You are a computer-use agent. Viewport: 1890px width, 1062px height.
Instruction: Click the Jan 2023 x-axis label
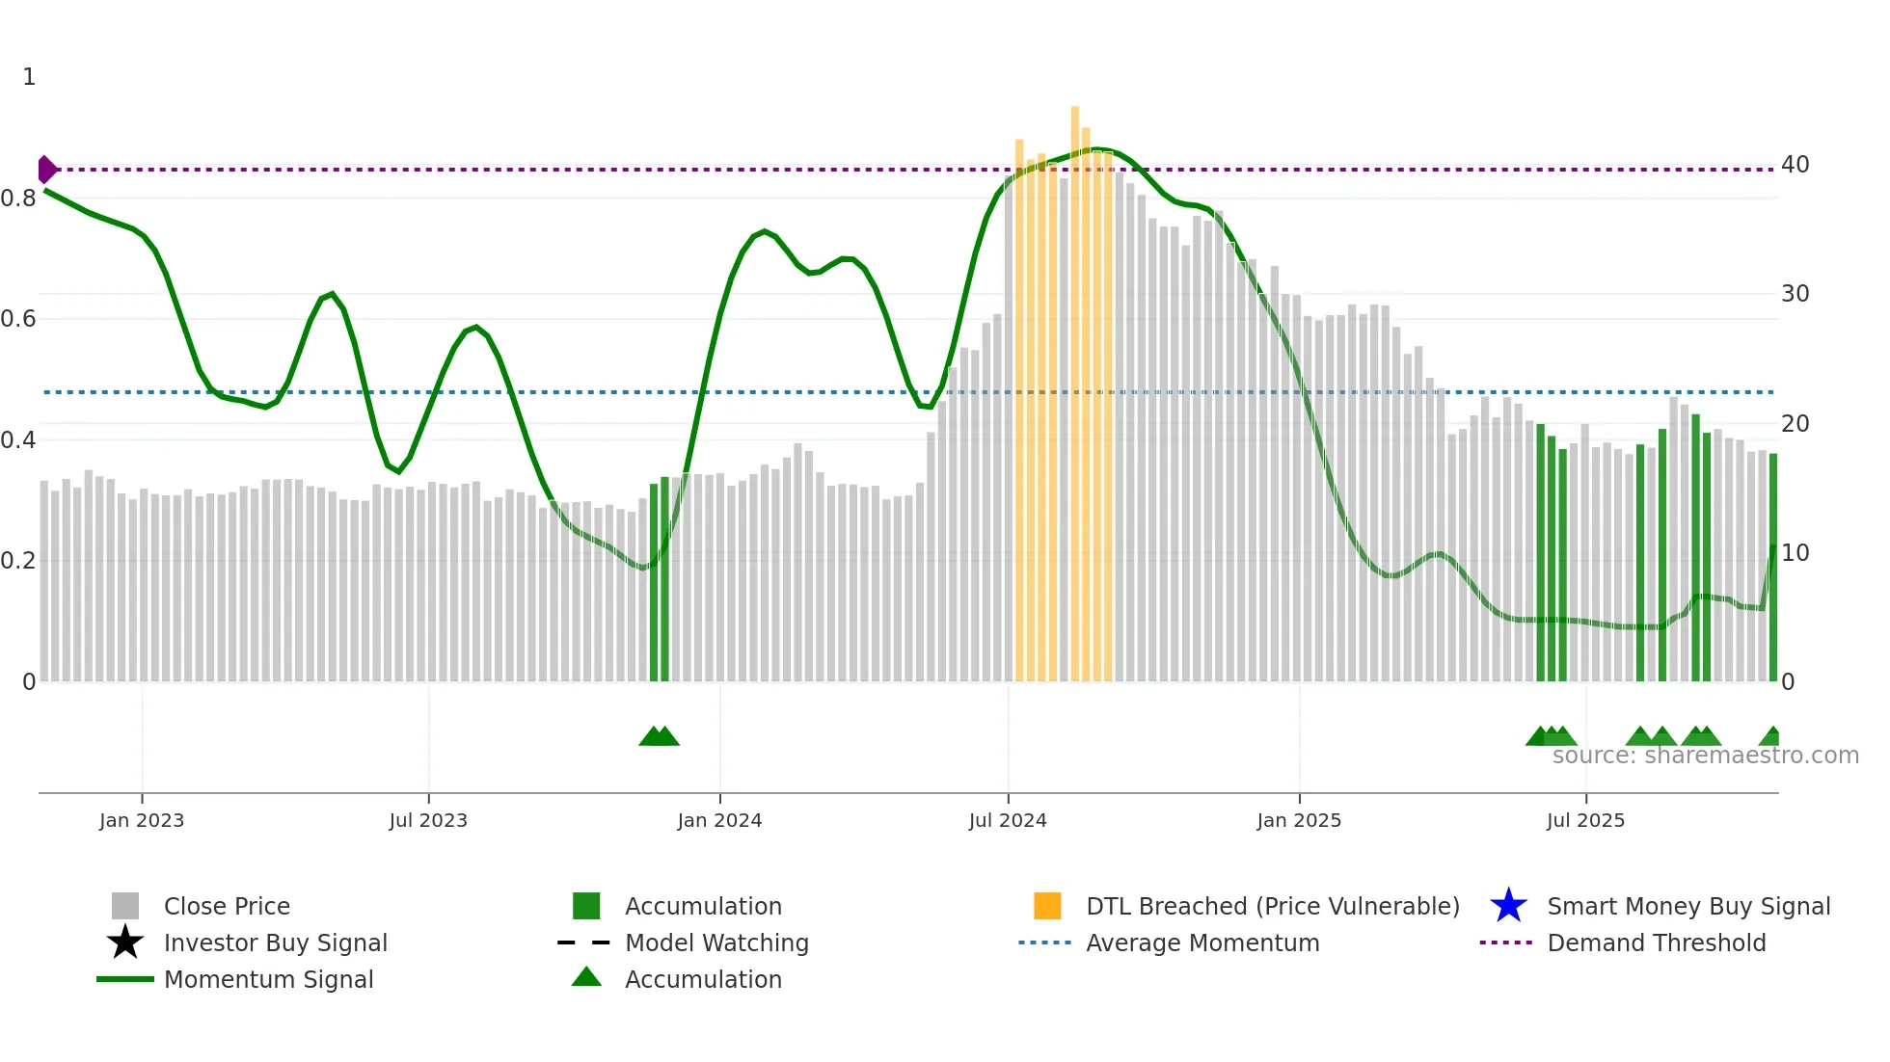tap(142, 820)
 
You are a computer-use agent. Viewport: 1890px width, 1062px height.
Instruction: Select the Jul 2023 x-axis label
tap(428, 820)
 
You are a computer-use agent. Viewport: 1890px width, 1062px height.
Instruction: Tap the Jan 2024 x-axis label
tap(719, 820)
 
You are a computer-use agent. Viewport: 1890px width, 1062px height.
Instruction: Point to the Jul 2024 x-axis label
tap(1008, 820)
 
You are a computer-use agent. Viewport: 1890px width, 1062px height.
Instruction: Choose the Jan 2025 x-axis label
tap(1299, 820)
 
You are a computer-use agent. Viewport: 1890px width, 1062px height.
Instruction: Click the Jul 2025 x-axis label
tap(1585, 820)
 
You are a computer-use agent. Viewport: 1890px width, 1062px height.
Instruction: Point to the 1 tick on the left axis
tap(29, 77)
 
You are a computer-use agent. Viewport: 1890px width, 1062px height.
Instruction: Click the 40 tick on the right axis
tap(1795, 165)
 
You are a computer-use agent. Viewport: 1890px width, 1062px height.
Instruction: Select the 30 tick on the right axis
tap(1795, 294)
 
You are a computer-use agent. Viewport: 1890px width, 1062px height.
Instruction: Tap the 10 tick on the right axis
tap(1795, 553)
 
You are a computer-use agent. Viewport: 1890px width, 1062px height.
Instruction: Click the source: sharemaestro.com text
tap(1705, 756)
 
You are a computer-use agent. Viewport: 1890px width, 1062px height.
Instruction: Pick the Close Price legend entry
tap(227, 906)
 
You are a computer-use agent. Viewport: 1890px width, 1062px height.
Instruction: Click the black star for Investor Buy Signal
tap(125, 943)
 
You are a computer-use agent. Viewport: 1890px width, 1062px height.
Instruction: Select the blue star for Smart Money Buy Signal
tap(1508, 906)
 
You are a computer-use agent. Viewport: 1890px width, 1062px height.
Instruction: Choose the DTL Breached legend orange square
tap(1047, 906)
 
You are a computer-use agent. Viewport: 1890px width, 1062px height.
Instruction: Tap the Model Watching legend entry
tap(716, 943)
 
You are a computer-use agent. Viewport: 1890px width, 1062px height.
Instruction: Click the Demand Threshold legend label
tap(1656, 943)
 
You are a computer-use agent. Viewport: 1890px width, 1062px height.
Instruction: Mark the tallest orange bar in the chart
tap(1075, 385)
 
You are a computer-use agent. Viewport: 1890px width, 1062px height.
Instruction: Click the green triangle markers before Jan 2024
tap(660, 736)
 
